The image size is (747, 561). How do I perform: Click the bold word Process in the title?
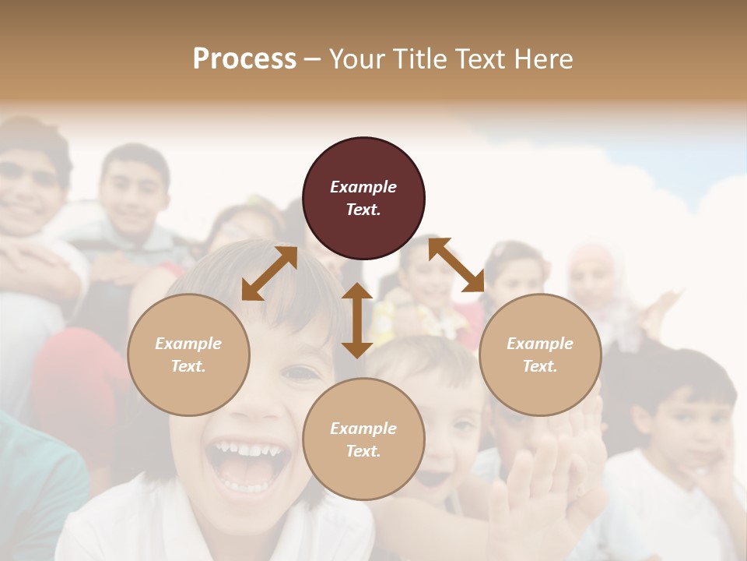(x=244, y=59)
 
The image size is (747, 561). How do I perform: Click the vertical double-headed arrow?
(x=357, y=320)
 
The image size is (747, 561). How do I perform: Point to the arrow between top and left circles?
(x=269, y=273)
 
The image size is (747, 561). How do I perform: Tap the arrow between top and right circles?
(x=457, y=265)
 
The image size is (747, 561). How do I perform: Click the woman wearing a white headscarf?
(x=595, y=280)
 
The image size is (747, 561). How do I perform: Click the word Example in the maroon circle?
(x=363, y=187)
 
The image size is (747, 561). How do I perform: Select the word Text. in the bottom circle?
(x=363, y=451)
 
